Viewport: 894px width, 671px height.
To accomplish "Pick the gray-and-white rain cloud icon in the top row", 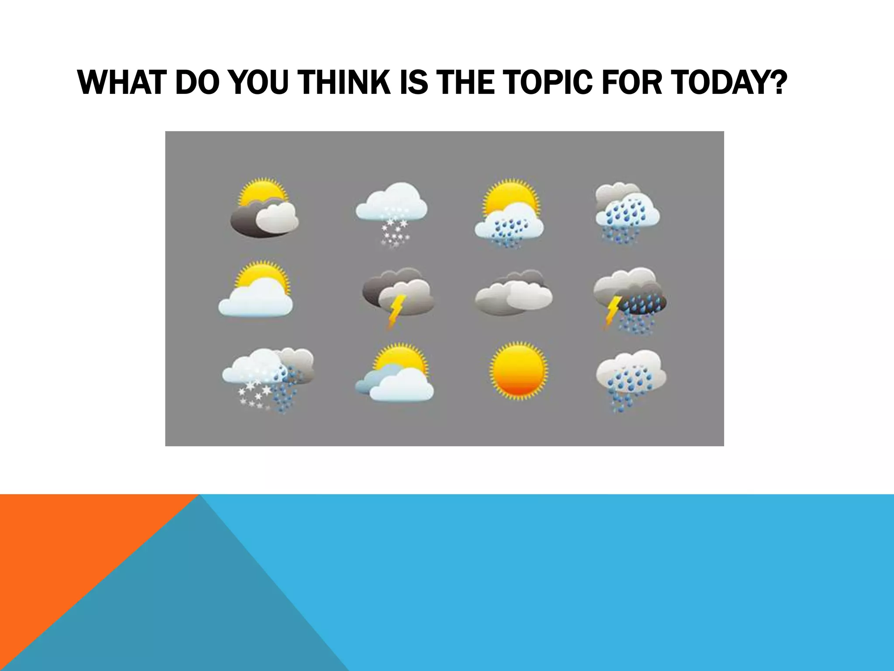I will tap(627, 212).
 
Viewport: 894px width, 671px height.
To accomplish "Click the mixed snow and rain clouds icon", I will tap(267, 378).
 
